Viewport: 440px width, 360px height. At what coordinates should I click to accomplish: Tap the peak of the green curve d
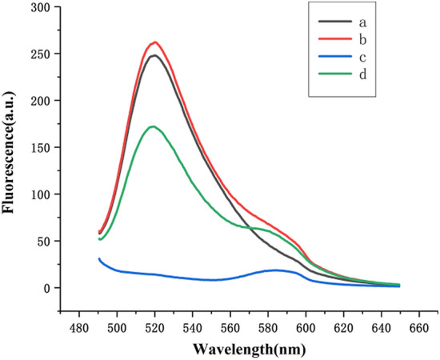[x=152, y=126]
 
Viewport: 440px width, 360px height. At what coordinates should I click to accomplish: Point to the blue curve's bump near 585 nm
[x=277, y=270]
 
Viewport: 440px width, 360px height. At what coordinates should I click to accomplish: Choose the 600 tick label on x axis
[x=306, y=328]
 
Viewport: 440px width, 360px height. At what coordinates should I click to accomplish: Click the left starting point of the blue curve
[x=98, y=258]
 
